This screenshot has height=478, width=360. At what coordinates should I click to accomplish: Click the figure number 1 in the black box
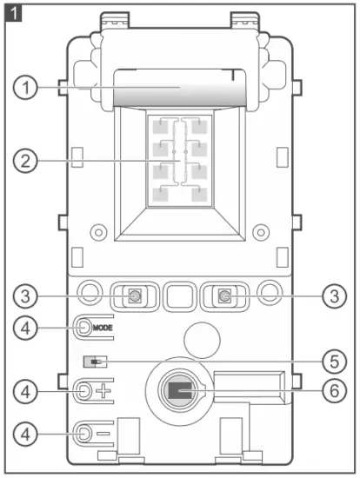(14, 13)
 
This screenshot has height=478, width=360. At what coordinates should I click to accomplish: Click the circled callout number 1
(29, 88)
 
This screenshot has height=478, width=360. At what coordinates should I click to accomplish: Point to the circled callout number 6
(330, 392)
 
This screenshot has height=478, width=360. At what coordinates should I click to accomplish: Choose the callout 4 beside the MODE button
(29, 328)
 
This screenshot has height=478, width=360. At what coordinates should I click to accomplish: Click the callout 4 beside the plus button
(29, 391)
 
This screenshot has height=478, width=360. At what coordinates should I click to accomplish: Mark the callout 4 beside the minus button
(29, 432)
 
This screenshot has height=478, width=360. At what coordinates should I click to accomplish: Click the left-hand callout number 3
(29, 296)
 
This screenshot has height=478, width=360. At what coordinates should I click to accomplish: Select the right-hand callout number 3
(330, 296)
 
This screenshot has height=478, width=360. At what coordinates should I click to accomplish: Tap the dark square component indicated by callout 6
(179, 393)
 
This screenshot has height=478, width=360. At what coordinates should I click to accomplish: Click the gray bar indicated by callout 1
(179, 92)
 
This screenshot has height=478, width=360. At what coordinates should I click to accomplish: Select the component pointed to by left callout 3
(135, 296)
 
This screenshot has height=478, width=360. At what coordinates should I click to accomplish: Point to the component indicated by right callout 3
(223, 296)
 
